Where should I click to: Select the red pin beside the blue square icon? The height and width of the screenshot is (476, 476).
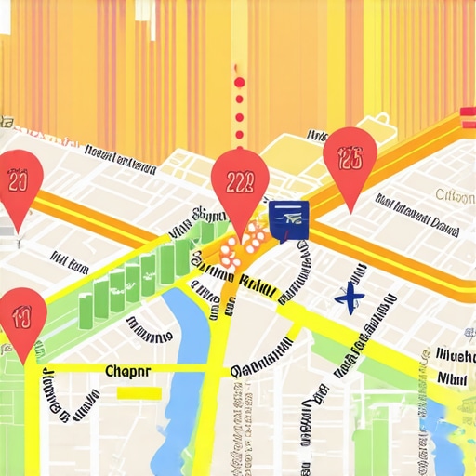coord(240,181)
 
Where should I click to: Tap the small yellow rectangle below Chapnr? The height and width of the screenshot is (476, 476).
coord(139,393)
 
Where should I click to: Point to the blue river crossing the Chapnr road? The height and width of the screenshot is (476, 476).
coord(186,372)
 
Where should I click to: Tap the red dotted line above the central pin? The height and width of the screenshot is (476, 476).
coord(240,102)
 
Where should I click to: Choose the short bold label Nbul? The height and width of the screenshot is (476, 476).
coord(454,378)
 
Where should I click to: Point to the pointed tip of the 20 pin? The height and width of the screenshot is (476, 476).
coord(17,231)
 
